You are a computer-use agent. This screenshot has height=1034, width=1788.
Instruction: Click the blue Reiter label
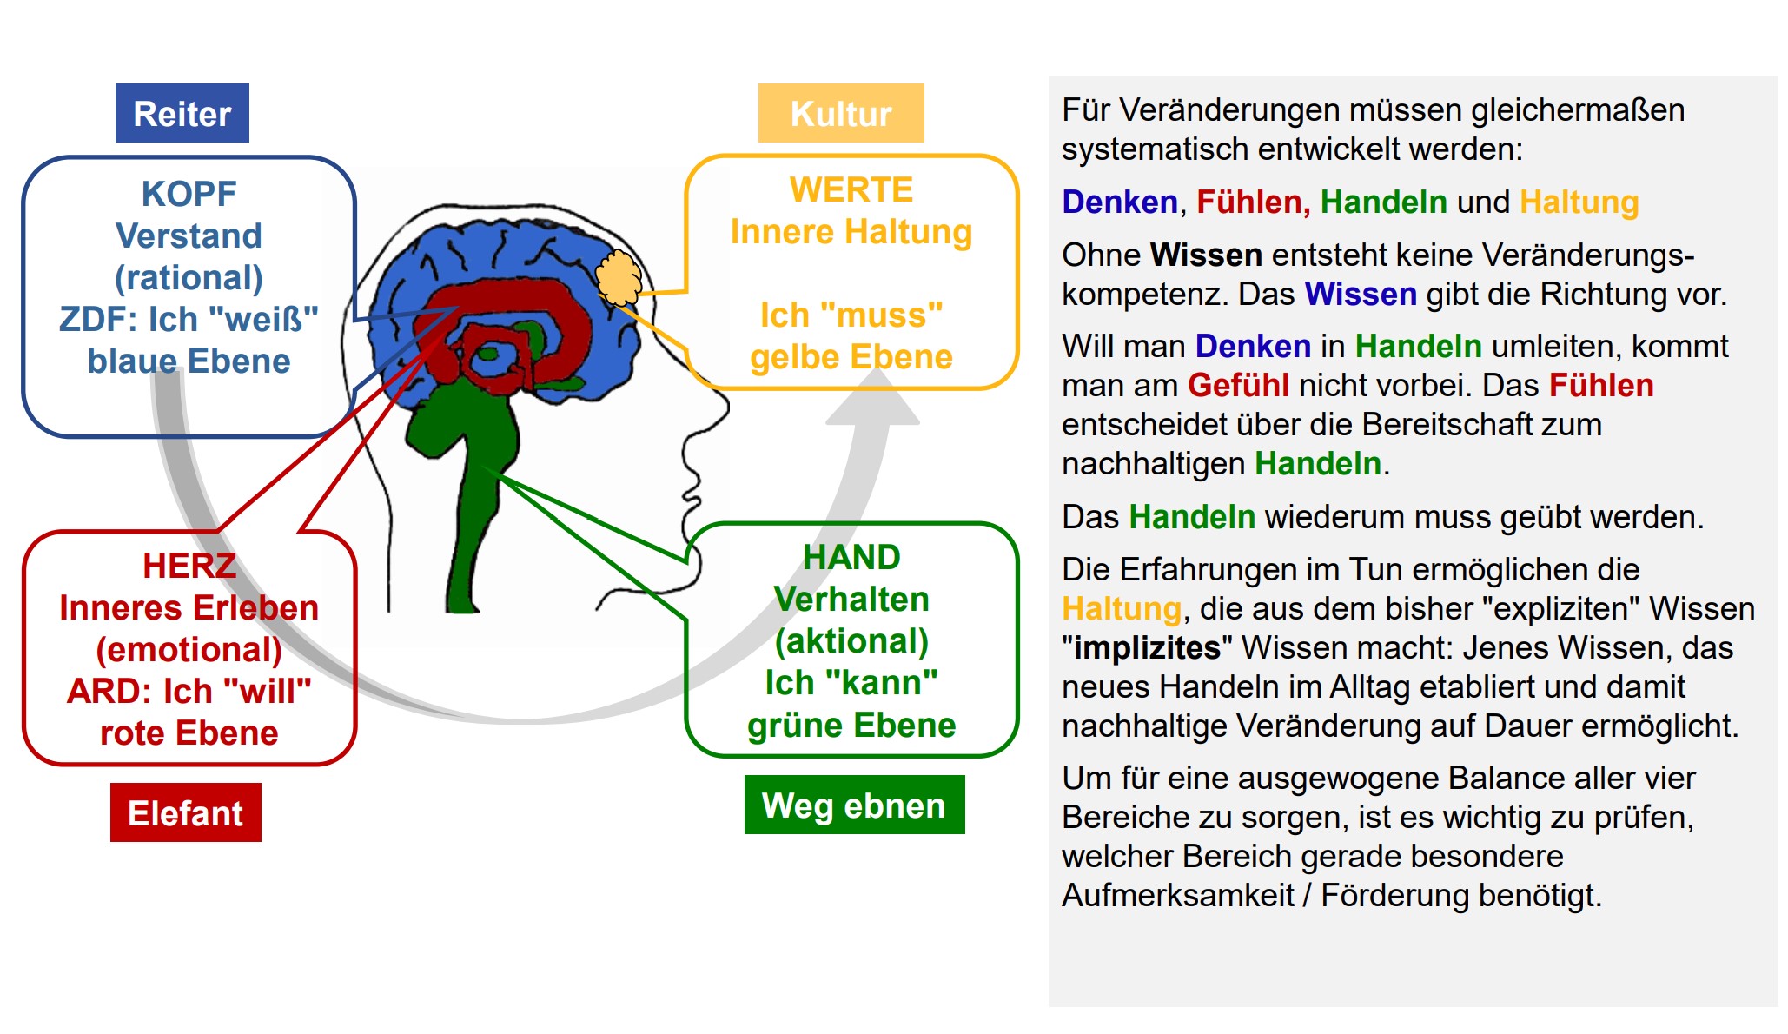(x=182, y=114)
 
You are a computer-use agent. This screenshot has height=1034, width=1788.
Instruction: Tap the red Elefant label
(x=185, y=813)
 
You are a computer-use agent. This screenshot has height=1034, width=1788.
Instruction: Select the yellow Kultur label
(x=841, y=114)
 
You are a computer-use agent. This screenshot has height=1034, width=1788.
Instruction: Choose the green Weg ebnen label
(x=854, y=805)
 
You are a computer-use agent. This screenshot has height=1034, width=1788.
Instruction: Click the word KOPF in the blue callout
(x=189, y=194)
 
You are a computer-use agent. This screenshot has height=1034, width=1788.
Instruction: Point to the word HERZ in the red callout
(x=189, y=566)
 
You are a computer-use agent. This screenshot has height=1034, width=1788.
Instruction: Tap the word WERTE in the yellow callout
(x=851, y=189)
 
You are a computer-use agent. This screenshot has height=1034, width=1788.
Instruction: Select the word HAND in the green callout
(x=851, y=557)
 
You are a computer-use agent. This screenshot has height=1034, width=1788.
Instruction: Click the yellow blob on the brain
(x=619, y=277)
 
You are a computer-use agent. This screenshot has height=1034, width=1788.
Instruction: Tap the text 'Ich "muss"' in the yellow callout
(x=851, y=315)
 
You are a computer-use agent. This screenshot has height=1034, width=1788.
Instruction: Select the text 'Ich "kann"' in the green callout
(x=851, y=683)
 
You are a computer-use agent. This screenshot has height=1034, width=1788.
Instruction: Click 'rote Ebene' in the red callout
(x=189, y=732)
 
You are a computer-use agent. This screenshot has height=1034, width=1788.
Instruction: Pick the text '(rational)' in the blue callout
(x=189, y=277)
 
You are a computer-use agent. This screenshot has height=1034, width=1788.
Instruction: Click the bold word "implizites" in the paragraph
(x=1148, y=648)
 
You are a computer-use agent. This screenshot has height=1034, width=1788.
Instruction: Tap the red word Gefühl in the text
(x=1238, y=385)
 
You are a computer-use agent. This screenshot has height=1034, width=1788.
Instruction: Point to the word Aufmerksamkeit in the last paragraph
(x=1178, y=895)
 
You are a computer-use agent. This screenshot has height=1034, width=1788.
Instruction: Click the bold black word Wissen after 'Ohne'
(x=1206, y=255)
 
